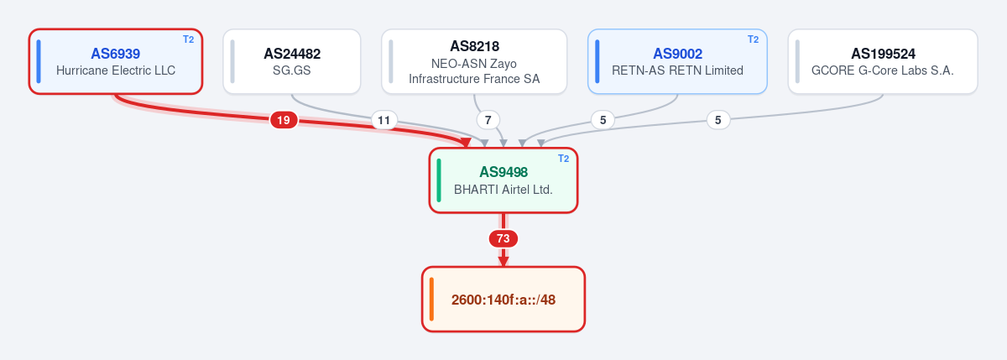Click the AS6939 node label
[116, 54]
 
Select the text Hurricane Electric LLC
[116, 70]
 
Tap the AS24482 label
[292, 54]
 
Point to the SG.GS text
[292, 70]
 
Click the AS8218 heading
[474, 46]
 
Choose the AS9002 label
[677, 54]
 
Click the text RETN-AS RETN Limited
[677, 70]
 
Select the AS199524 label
[883, 54]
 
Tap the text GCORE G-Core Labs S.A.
[883, 70]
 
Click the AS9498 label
[503, 172]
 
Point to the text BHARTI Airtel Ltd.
[503, 190]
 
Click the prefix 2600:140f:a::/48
[503, 300]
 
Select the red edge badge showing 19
[284, 120]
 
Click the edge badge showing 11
[384, 120]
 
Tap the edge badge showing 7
[488, 120]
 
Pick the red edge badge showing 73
[503, 238]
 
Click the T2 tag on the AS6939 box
[188, 39]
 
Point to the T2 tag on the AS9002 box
[753, 39]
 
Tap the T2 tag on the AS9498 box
[563, 159]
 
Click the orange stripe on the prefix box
[431, 300]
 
